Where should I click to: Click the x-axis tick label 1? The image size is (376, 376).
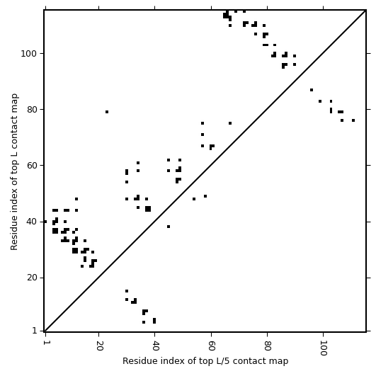(45, 343)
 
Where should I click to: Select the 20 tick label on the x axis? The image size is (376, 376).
(99, 346)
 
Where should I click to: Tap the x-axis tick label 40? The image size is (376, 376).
(155, 346)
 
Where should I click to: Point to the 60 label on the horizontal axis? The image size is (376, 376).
(211, 346)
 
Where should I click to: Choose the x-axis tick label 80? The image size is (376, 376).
(268, 346)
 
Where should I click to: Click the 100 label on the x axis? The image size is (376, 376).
(324, 348)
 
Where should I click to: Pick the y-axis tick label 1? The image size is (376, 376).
(35, 331)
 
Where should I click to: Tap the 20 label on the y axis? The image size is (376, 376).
(32, 278)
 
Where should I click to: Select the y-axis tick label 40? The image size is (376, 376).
(32, 222)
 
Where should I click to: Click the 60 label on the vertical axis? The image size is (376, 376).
(32, 166)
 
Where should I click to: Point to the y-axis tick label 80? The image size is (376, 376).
(32, 109)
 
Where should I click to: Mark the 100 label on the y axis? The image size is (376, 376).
(30, 53)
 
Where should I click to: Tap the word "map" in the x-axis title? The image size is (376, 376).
(280, 362)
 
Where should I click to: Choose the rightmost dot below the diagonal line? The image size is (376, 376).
(353, 120)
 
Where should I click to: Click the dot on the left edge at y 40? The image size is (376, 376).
(45, 222)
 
